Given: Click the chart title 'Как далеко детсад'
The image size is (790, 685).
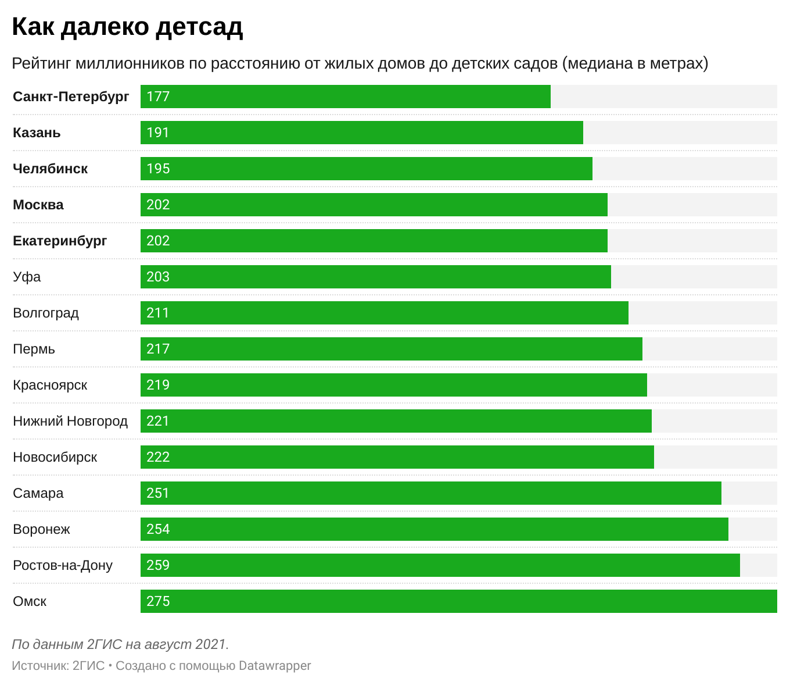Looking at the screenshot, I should (x=127, y=27).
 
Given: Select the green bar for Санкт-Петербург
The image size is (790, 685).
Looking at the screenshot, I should (x=346, y=97).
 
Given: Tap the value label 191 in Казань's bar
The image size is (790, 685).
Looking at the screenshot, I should (x=158, y=133).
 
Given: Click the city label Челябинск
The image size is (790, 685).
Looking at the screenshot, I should (x=51, y=169).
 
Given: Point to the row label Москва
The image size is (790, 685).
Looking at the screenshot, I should (x=38, y=205).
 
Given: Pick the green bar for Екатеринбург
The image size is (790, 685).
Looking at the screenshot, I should (x=374, y=241).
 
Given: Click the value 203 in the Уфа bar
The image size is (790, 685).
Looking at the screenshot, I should (x=158, y=277).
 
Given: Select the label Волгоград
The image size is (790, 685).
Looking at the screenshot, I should (x=46, y=313).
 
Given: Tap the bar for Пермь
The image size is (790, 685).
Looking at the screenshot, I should (x=392, y=349).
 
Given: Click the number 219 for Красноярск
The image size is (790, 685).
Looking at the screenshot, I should (x=158, y=385).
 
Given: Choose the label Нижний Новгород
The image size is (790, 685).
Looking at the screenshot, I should (x=70, y=421).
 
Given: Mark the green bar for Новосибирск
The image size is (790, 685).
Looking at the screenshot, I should (x=397, y=457).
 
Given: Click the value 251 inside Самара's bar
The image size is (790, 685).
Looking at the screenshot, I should (x=158, y=493).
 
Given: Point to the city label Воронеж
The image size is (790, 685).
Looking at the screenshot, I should (x=41, y=529).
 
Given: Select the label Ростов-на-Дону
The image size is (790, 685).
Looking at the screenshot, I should (x=63, y=565).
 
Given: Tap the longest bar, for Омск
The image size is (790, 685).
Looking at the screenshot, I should (x=459, y=601).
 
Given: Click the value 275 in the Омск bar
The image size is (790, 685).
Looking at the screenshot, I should (x=158, y=601).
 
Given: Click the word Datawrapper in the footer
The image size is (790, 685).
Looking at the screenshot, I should (x=275, y=665).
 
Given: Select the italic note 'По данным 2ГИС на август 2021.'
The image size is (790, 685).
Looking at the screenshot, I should (x=120, y=644).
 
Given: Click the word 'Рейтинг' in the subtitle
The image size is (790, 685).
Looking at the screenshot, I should (x=41, y=63).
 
